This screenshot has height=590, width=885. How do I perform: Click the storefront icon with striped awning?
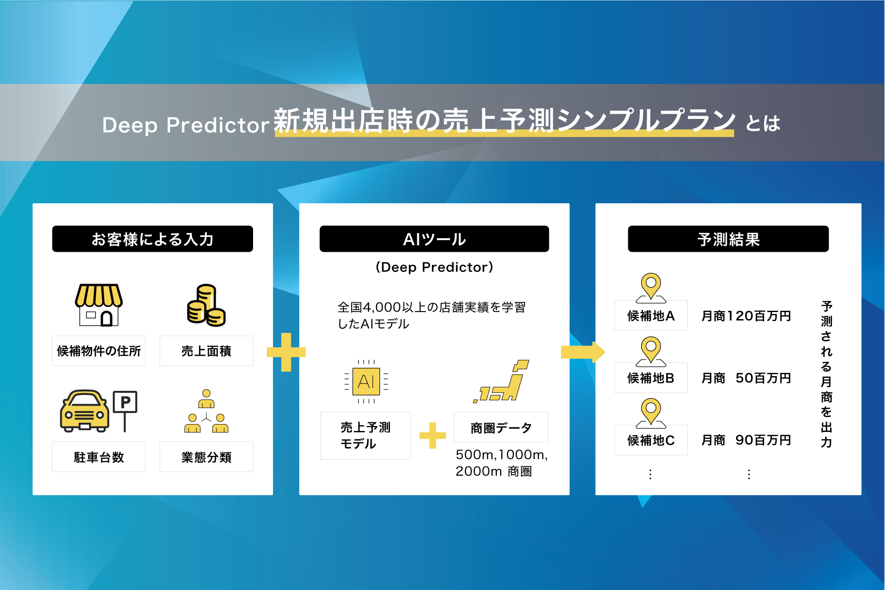99,305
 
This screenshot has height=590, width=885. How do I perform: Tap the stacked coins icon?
206,305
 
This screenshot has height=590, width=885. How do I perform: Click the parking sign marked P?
125,410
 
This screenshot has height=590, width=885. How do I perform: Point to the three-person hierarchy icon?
206,411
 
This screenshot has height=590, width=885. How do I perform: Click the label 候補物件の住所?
99,351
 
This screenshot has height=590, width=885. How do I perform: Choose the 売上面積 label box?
206,351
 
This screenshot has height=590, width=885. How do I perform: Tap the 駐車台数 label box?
99,457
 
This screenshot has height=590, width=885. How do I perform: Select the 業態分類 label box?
206,457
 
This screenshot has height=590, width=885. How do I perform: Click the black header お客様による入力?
153,239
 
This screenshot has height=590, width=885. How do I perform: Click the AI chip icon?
366,382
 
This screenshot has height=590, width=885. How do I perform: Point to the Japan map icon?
501,381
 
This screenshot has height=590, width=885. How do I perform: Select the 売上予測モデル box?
366,436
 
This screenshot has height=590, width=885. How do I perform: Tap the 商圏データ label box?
501,427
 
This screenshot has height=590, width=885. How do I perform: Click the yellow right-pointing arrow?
583,352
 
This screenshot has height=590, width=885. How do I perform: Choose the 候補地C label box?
651,440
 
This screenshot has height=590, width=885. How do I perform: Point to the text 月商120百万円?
746,316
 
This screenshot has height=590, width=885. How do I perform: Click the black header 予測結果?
728,239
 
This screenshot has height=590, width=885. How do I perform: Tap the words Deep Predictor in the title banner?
186,125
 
